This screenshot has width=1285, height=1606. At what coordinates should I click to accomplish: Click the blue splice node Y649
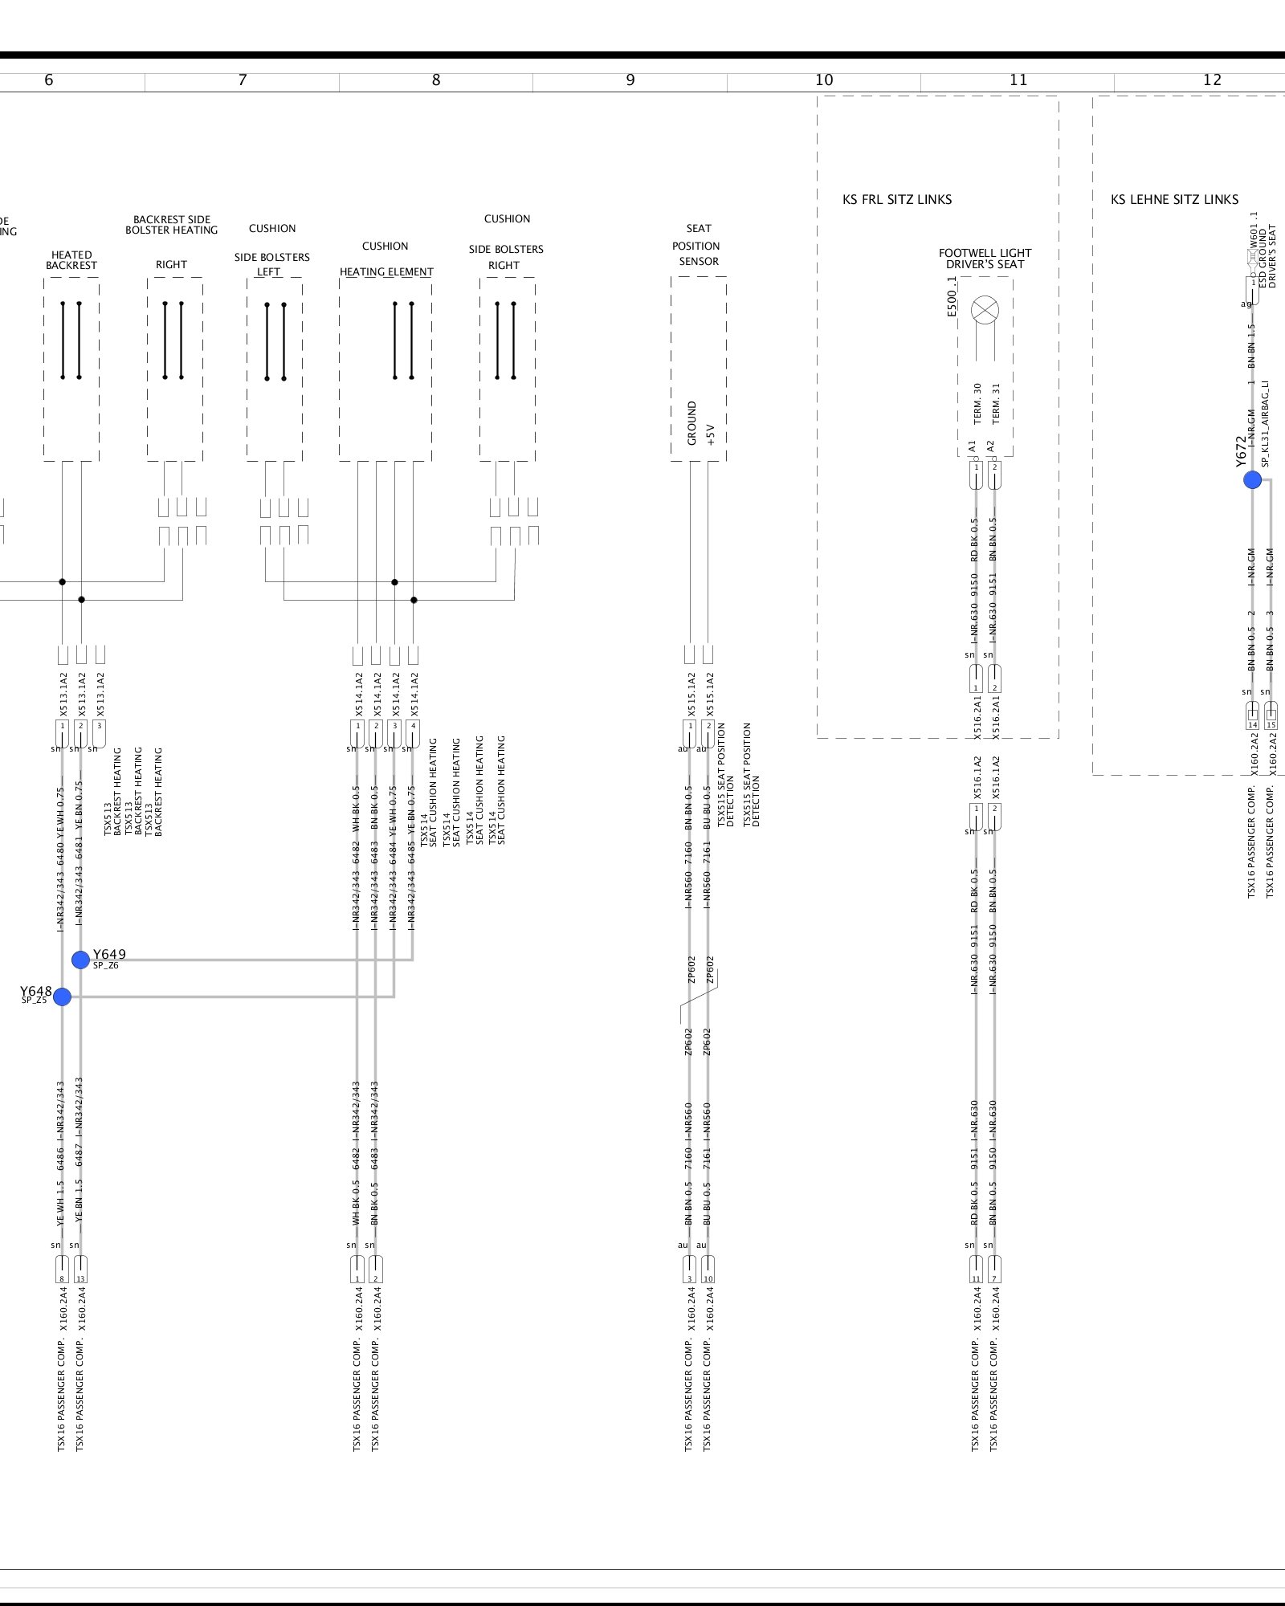[80, 960]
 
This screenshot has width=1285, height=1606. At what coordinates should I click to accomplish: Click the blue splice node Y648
[62, 997]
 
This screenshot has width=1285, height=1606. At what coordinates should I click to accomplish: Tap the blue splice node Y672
[1252, 480]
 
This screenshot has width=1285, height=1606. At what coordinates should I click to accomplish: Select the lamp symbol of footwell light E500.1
[985, 310]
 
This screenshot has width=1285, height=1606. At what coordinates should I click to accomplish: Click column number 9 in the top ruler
[630, 80]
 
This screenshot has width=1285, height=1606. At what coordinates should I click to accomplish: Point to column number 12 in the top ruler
[1212, 80]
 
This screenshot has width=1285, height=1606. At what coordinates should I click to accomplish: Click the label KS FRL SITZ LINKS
[897, 200]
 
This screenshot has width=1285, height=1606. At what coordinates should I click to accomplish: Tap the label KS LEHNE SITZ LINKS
[1174, 200]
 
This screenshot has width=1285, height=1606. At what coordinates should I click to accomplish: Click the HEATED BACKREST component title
[71, 260]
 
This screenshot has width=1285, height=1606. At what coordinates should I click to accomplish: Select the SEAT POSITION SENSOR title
[698, 245]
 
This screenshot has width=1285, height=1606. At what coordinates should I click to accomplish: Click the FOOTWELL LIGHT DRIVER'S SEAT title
[985, 259]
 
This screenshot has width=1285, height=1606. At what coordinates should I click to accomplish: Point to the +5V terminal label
[710, 434]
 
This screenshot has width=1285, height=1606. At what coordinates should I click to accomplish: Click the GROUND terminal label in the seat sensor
[691, 423]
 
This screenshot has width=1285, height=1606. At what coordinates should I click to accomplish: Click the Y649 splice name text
[109, 955]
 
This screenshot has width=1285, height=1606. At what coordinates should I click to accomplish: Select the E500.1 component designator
[953, 296]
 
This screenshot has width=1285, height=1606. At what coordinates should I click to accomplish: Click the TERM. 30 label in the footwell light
[977, 403]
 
